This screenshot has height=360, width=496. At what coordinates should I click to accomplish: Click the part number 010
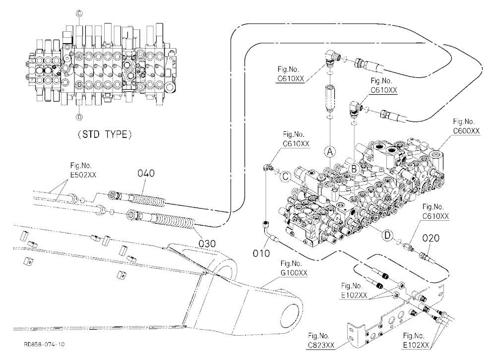click(261, 253)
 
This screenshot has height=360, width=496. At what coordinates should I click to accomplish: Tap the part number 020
click(431, 238)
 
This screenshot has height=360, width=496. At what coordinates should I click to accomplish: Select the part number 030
click(207, 243)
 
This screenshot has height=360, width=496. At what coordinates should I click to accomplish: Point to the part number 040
click(146, 173)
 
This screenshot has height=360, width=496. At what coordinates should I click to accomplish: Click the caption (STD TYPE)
click(104, 134)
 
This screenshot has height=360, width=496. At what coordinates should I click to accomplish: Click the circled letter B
click(354, 169)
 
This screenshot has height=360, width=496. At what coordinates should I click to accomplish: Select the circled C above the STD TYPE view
click(79, 13)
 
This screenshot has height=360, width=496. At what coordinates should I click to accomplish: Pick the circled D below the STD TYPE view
click(79, 117)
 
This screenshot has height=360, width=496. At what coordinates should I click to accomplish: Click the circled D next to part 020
click(387, 235)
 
